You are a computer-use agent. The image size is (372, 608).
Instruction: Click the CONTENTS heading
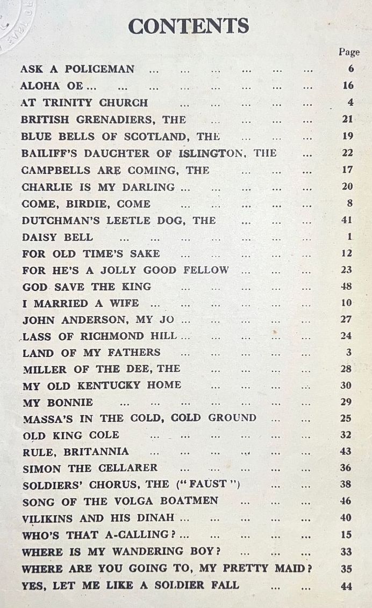pyautogui.click(x=188, y=26)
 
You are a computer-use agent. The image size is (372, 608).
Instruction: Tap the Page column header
pyautogui.click(x=349, y=52)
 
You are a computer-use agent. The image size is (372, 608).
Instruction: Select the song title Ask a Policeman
pyautogui.click(x=77, y=69)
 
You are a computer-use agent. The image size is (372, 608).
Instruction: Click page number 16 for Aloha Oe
pyautogui.click(x=348, y=86)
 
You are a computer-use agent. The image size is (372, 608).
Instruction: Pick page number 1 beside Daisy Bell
pyautogui.click(x=349, y=237)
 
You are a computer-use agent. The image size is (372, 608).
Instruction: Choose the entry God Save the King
pyautogui.click(x=87, y=287)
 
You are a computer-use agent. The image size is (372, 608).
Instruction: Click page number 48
pyautogui.click(x=347, y=287)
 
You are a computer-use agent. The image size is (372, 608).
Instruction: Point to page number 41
pyautogui.click(x=347, y=220)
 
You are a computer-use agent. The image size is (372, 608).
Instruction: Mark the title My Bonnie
pyautogui.click(x=58, y=402)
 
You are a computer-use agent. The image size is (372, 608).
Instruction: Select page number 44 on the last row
pyautogui.click(x=347, y=587)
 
